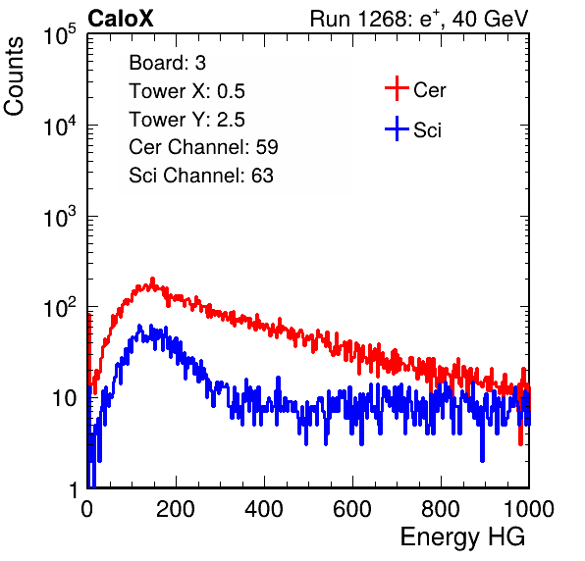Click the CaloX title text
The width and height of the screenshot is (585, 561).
(121, 19)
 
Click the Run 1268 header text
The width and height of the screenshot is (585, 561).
(419, 19)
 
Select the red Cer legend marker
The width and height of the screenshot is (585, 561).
(397, 88)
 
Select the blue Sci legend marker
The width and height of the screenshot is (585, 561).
(397, 129)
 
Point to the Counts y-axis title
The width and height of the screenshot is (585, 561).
(14, 76)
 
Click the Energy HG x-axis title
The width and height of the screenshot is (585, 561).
(462, 537)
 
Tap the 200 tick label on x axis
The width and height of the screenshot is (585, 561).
(176, 509)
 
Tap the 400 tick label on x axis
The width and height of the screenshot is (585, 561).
(264, 509)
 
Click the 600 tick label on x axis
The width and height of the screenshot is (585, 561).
(352, 509)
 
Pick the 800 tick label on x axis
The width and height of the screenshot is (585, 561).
(441, 509)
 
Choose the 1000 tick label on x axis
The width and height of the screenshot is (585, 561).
(529, 509)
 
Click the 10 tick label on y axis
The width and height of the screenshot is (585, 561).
(65, 398)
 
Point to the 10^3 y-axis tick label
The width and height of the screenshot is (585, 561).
(60, 217)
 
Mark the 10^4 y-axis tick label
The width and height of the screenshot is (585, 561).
(60, 126)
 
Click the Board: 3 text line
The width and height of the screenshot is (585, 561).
(168, 63)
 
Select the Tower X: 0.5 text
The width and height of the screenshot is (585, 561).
(186, 91)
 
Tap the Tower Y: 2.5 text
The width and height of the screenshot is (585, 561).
(186, 120)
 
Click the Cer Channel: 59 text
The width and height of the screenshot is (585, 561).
(203, 147)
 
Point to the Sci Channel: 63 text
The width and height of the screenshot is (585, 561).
(201, 176)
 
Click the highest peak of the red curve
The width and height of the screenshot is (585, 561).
(152, 279)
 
